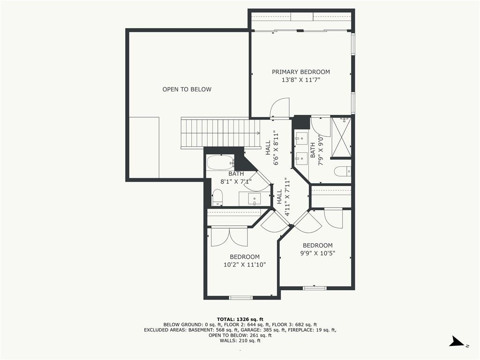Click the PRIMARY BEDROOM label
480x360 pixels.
[x=301, y=72]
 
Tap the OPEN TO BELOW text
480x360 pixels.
[x=187, y=89]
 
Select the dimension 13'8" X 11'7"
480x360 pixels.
[x=301, y=80]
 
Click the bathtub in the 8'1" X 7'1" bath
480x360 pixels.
[x=220, y=163]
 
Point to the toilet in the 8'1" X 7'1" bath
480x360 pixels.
[x=217, y=197]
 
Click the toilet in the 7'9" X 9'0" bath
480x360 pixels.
[x=342, y=172]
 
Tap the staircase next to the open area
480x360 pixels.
[x=220, y=134]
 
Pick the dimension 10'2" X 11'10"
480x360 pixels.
[x=245, y=265]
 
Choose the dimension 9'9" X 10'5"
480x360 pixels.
[x=317, y=254]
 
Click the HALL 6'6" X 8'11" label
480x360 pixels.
[x=272, y=148]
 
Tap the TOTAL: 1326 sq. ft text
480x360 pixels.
[x=240, y=318]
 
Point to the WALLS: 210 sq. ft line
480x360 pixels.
[x=240, y=341]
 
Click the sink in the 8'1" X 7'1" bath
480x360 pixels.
[x=255, y=199]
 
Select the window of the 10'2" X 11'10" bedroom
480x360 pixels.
[x=240, y=298]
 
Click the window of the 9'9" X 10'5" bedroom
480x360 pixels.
[x=315, y=288]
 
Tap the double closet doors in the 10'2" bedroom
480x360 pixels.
[x=229, y=237]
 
